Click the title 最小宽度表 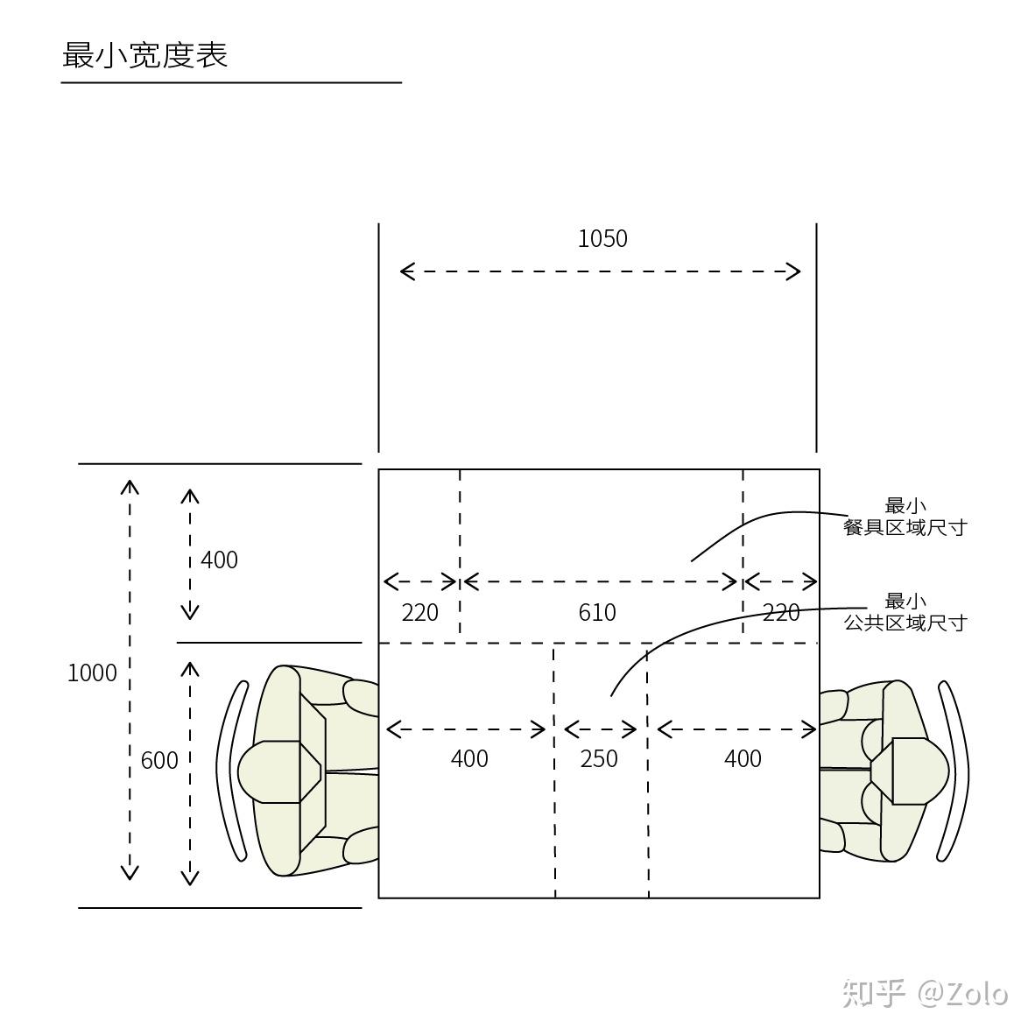144,55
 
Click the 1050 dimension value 602,238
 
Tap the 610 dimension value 596,613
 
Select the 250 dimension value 599,758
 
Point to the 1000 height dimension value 92,672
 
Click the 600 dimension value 159,760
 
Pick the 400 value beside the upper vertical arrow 219,560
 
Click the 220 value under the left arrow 419,613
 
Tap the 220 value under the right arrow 781,613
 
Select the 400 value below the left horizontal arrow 469,758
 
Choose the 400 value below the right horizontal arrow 743,758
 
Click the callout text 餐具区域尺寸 905,527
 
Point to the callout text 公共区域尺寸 905,623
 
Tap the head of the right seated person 911,771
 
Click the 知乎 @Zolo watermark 925,994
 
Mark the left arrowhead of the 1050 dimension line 408,271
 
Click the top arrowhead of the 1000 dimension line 130,488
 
